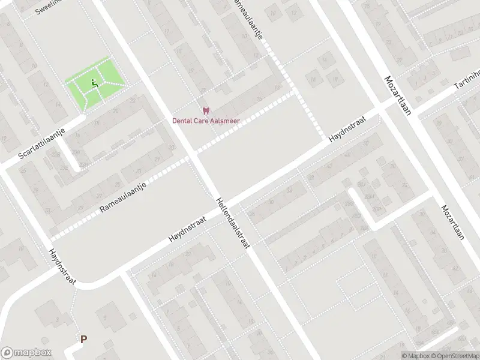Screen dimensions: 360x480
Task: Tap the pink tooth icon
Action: [206, 111]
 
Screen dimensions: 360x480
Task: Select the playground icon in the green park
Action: [94, 84]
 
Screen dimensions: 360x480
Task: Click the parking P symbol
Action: [84, 339]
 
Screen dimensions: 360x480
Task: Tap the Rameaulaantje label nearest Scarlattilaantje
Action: [124, 197]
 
